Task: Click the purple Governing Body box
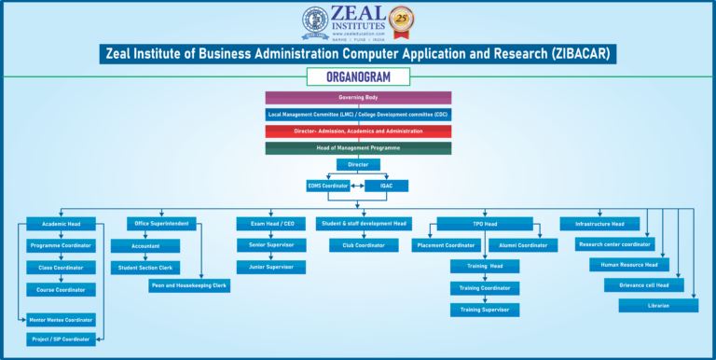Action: click(358, 97)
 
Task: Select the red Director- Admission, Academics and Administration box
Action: click(358, 132)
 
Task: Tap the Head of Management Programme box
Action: click(358, 147)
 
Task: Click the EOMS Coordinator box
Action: click(328, 186)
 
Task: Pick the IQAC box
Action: click(386, 186)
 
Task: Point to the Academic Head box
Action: click(62, 224)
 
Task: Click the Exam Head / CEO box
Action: click(271, 223)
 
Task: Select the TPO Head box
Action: click(485, 224)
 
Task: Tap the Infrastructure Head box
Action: click(599, 224)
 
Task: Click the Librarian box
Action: click(658, 305)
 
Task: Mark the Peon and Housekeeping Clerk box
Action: click(189, 286)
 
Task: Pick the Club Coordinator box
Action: click(364, 245)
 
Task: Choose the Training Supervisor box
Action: click(485, 309)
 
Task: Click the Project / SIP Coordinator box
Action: click(62, 339)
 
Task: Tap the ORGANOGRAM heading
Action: click(358, 76)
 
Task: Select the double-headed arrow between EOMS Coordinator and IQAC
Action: click(357, 186)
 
